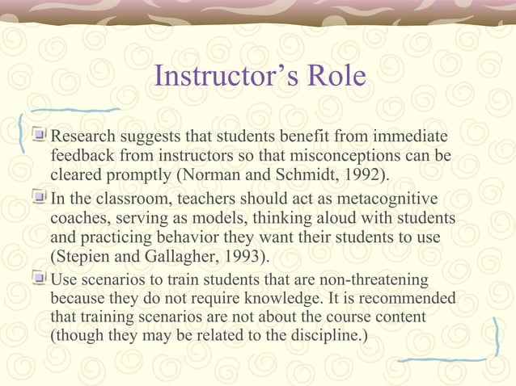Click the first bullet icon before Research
tap(40, 133)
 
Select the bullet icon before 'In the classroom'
tap(40, 199)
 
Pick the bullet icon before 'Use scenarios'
tap(40, 279)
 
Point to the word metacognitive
tap(387, 199)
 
